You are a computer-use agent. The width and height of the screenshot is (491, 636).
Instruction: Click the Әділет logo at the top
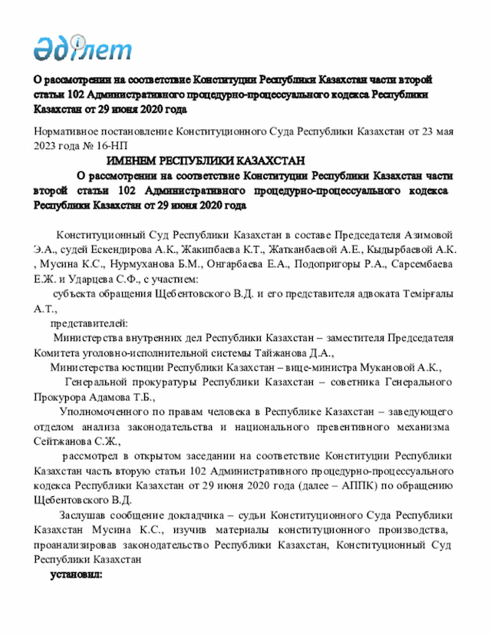tap(83, 48)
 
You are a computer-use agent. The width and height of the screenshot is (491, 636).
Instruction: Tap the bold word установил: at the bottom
tap(76, 574)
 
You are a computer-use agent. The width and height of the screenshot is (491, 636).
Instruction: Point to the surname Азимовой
tap(429, 235)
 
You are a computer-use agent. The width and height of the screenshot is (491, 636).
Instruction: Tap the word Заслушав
tap(80, 515)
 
